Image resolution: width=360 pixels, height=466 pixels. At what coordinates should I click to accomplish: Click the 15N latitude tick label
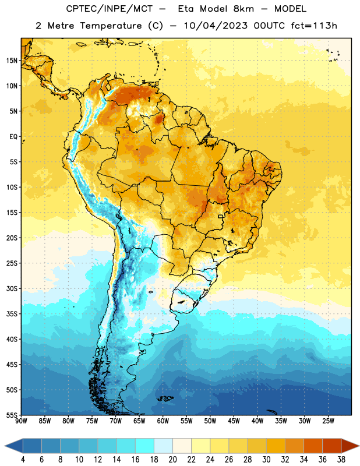12,61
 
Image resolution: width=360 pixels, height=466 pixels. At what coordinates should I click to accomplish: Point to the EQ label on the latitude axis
13,137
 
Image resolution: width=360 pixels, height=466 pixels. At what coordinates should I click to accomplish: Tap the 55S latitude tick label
12,415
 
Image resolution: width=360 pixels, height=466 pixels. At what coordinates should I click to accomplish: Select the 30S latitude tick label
12,288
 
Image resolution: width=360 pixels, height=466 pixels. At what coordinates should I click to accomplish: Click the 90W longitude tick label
21,421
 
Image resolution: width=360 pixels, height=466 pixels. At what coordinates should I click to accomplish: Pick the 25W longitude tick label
328,421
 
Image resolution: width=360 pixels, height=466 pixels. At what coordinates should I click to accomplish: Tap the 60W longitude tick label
163,421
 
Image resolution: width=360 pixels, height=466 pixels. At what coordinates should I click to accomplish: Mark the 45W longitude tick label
234,421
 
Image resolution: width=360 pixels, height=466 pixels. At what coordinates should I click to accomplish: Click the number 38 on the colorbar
341,460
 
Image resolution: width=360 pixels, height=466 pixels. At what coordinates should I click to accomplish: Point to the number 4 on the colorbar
23,460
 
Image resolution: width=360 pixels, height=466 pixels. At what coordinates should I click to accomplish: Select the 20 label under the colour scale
172,460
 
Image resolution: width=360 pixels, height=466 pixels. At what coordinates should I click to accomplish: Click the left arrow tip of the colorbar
5,446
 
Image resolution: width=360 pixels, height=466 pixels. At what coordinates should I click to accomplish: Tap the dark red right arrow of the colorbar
350,446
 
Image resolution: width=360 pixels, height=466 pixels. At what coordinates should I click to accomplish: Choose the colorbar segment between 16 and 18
145,446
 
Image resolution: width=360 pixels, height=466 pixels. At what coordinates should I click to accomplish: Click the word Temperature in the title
111,26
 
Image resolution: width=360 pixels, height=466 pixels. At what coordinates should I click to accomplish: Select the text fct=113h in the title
314,26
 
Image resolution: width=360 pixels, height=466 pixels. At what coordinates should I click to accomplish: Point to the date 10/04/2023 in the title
216,26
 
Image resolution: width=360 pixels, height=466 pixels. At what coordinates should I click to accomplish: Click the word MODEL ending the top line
290,9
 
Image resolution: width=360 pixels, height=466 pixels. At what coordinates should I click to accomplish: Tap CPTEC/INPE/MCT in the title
109,9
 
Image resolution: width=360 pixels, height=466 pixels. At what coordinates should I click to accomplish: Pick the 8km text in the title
243,9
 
